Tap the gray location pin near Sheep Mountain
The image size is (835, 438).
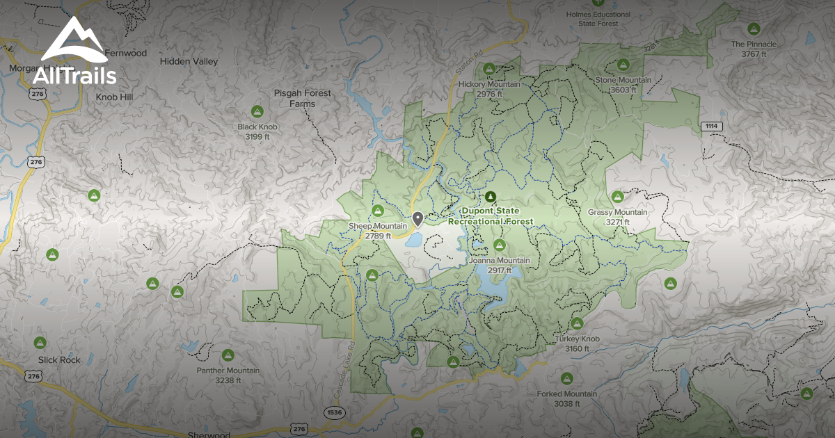(x=417, y=219)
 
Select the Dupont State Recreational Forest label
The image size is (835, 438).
(x=491, y=216)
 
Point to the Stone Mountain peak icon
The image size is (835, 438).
(x=623, y=65)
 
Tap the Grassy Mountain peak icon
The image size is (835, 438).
(x=617, y=197)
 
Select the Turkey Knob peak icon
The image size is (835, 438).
(x=577, y=323)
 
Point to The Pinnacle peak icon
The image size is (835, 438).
(x=753, y=29)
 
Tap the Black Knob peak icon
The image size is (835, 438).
(x=257, y=111)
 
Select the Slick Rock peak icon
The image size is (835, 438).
(x=40, y=342)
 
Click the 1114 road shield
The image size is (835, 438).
(x=713, y=126)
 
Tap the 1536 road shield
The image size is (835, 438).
(x=335, y=413)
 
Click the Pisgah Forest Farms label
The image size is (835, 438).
(x=303, y=98)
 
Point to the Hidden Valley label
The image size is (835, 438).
(x=189, y=61)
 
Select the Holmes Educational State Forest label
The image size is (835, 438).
(x=598, y=19)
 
